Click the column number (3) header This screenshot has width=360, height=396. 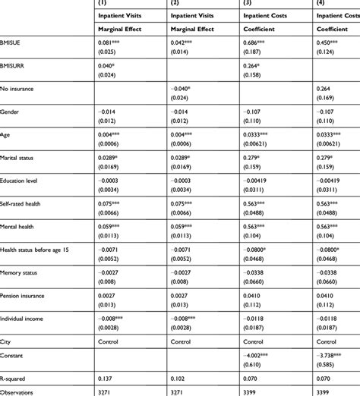point(248,5)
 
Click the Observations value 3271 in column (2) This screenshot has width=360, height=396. point(182,391)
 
